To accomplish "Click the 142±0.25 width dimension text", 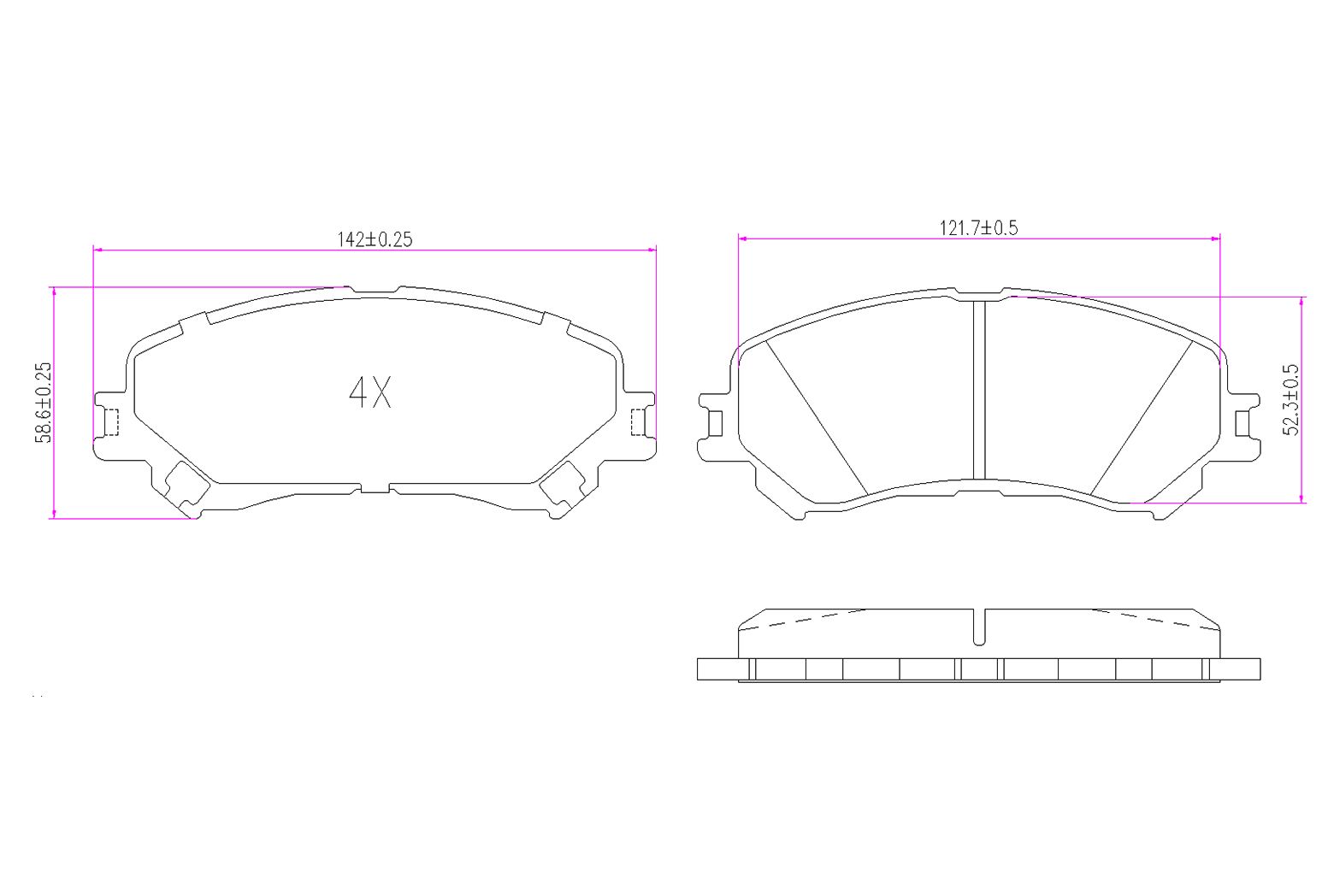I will tap(375, 239).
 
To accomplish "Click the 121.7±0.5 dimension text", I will tap(979, 227).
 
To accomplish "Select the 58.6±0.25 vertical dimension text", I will tap(44, 402).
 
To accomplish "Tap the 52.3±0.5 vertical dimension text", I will tap(1290, 399).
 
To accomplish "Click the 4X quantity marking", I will tap(370, 392).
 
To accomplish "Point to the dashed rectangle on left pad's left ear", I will tap(109, 421).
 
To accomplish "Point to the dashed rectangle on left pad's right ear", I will tap(639, 421).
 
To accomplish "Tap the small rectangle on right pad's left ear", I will tap(717, 422).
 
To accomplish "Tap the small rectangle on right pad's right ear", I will tap(1243, 422).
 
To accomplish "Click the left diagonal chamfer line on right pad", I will tap(817, 417).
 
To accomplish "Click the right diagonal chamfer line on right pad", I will tap(1142, 417).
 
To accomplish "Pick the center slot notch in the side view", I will tap(980, 627).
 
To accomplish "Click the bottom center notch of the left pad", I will tap(375, 488).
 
